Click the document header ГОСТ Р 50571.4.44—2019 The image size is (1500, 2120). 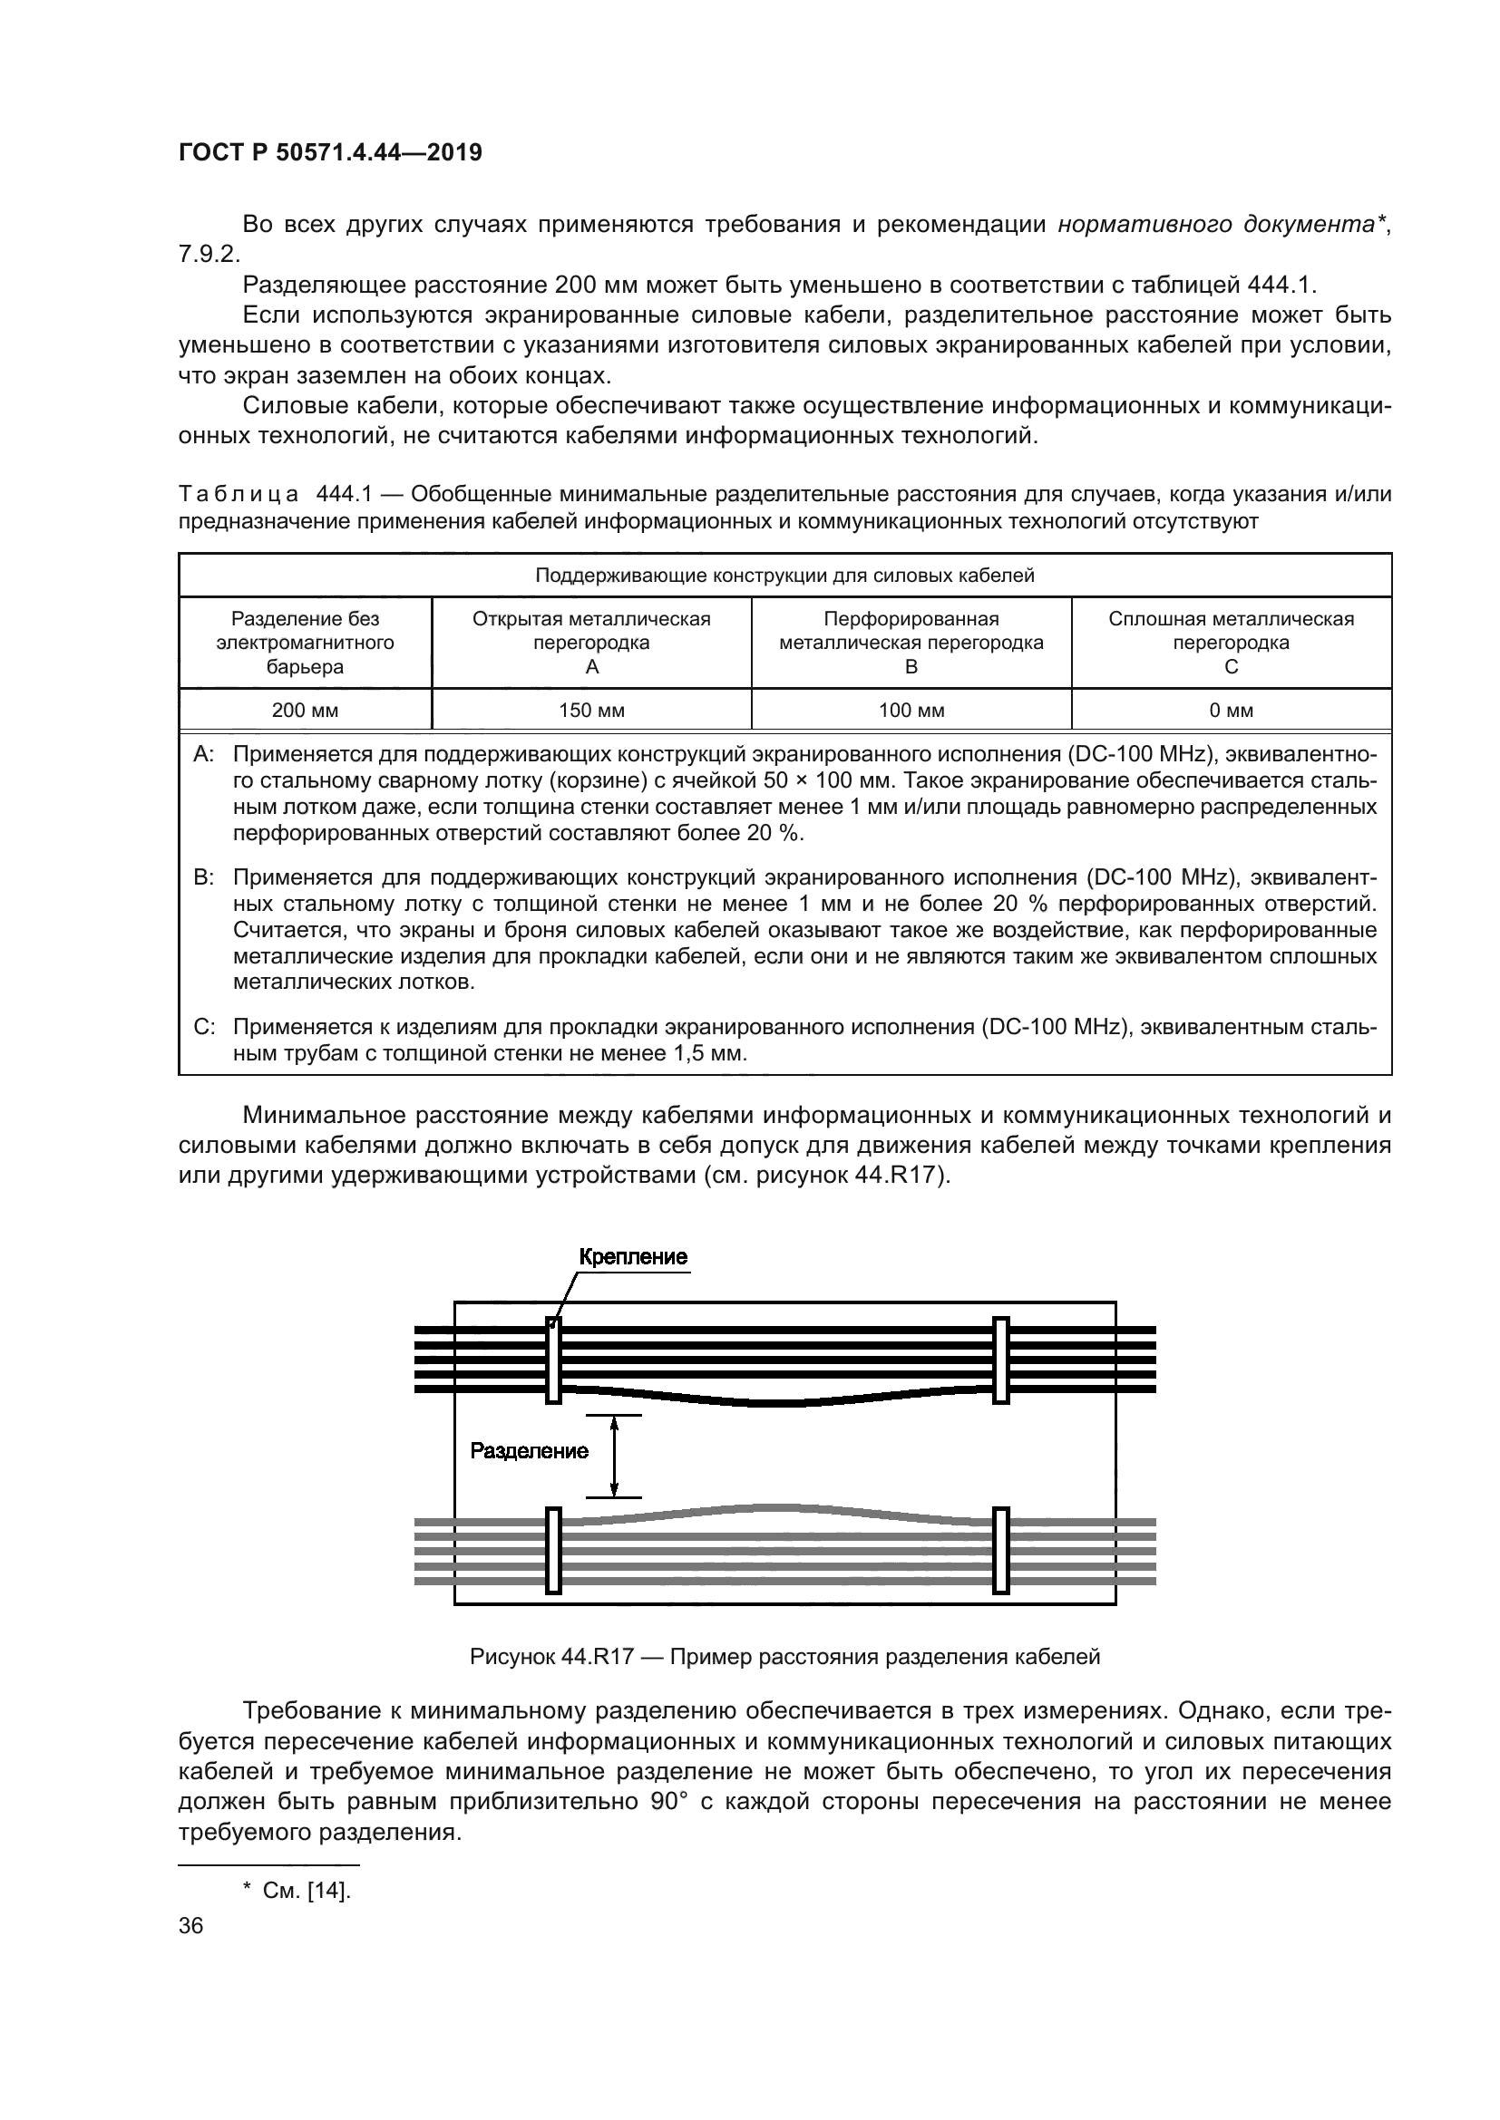330,153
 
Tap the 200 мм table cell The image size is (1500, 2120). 305,710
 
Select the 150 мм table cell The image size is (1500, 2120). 591,710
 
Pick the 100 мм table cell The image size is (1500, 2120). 911,710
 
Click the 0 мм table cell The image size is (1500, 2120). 1231,710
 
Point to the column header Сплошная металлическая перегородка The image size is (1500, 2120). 1231,642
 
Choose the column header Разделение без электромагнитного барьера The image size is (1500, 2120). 305,642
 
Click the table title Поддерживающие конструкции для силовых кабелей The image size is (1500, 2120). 784,576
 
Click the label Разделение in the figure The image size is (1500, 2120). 529,1450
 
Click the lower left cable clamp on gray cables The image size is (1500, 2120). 553,1550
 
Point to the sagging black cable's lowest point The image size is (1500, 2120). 776,1403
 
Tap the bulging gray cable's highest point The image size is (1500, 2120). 776,1508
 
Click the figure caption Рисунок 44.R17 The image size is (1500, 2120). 784,1657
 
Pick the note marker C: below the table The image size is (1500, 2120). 204,1027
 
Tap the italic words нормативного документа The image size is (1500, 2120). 1215,225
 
